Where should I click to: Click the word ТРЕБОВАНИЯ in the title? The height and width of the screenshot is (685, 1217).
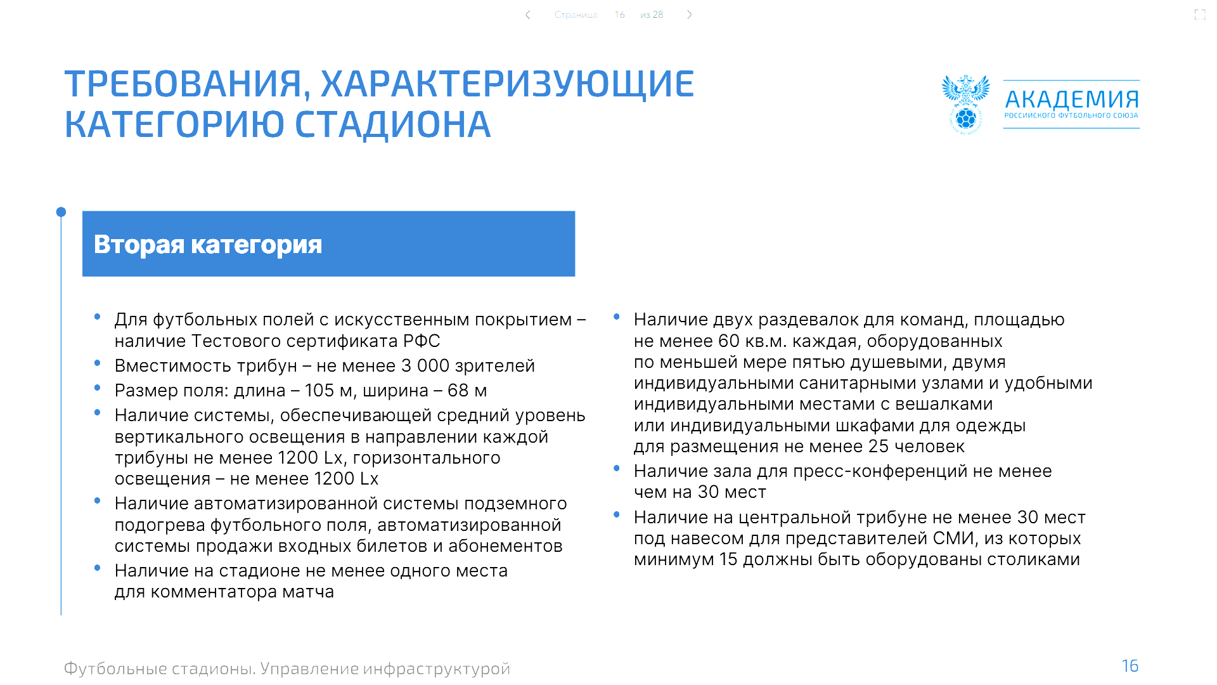(x=183, y=84)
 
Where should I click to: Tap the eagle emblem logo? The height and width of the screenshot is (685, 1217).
(x=965, y=104)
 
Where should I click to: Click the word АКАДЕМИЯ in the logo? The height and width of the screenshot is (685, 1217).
(x=1072, y=100)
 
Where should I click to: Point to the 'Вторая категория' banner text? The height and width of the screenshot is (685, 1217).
(x=208, y=244)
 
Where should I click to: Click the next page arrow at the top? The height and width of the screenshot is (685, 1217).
(x=689, y=15)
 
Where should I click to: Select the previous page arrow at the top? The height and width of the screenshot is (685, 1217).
(x=528, y=15)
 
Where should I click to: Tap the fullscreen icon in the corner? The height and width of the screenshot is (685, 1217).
(x=1200, y=15)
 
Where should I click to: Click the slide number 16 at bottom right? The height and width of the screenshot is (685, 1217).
(x=1130, y=666)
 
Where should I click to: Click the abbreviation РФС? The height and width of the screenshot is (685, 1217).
(x=422, y=341)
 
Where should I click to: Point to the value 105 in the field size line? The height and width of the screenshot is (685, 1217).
(x=319, y=391)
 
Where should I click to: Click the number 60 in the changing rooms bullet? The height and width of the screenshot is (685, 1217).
(x=729, y=341)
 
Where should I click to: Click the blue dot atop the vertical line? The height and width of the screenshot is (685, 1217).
(x=61, y=212)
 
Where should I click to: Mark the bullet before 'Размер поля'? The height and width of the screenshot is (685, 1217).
(x=97, y=388)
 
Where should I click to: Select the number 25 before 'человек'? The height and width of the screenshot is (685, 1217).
(x=879, y=447)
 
